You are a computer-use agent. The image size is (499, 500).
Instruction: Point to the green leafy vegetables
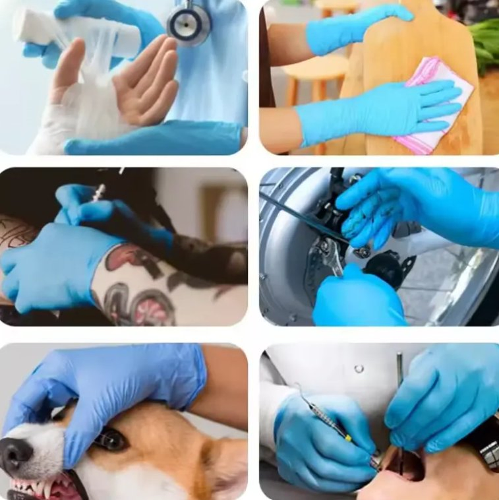(485, 44)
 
